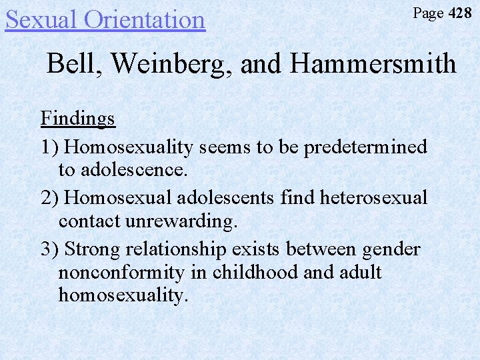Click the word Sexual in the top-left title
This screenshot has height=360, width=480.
click(x=42, y=19)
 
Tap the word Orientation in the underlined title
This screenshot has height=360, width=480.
click(x=145, y=19)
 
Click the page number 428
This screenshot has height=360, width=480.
click(x=460, y=13)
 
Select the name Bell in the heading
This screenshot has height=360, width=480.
click(x=69, y=64)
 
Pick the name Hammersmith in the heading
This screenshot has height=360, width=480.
click(x=373, y=64)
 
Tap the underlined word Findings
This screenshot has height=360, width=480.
click(x=78, y=119)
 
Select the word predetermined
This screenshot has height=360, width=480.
click(x=365, y=146)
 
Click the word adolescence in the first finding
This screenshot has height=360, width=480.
click(x=133, y=169)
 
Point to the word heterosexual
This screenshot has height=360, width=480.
click(x=373, y=197)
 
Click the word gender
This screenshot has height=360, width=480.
click(x=391, y=249)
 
